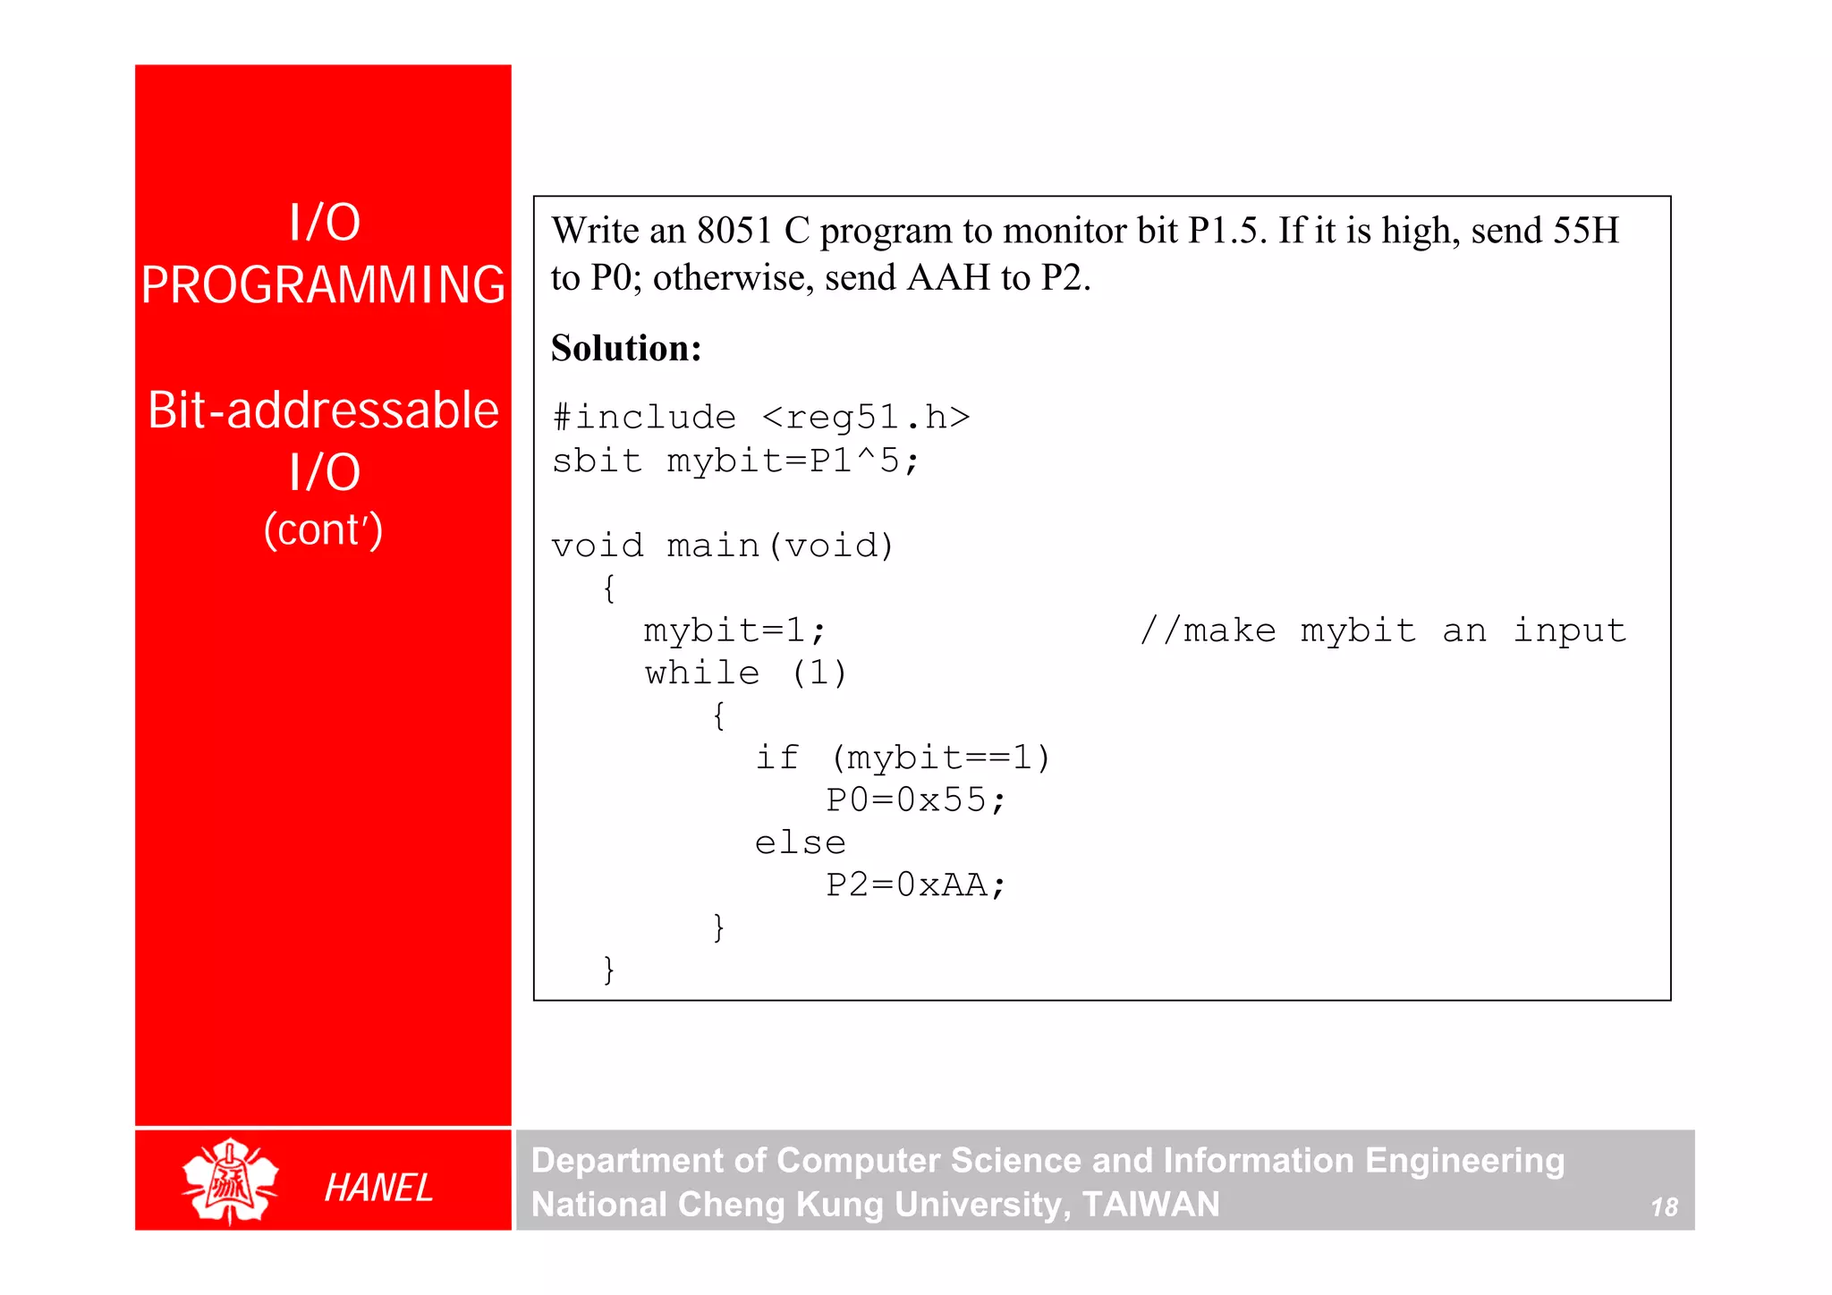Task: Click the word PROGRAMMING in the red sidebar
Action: click(323, 286)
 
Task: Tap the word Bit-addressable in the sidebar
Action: click(323, 411)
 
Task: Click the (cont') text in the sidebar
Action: click(323, 529)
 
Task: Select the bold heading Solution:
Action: click(626, 348)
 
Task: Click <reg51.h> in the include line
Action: click(866, 418)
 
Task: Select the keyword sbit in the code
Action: click(597, 461)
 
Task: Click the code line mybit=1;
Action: click(734, 631)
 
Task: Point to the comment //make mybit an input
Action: click(1383, 631)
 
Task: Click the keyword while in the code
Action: click(702, 673)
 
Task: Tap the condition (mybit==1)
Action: click(940, 758)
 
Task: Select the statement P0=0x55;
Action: click(916, 800)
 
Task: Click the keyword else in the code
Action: click(800, 843)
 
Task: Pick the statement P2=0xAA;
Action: click(916, 885)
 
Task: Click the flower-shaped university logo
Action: click(230, 1181)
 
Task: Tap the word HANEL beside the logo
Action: click(378, 1189)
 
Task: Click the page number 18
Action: click(1664, 1207)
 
